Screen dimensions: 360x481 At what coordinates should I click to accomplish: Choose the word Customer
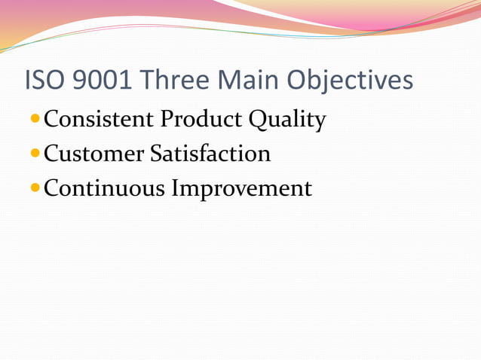(93, 154)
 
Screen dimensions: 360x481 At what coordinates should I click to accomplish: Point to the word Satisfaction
(210, 154)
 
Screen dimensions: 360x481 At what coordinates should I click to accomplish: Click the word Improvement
(242, 188)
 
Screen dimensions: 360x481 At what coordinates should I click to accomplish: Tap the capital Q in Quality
(261, 120)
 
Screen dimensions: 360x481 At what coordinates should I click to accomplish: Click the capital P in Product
(165, 119)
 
